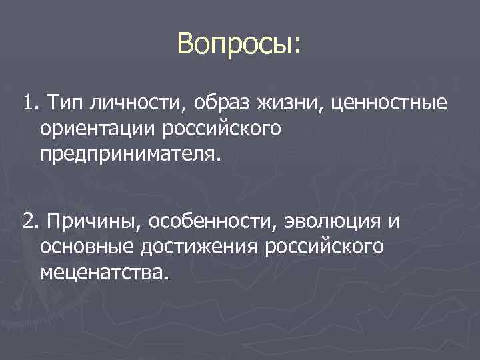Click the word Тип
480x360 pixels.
(59, 103)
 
